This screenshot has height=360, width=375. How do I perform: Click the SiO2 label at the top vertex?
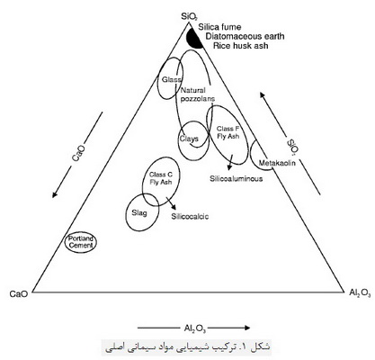(x=190, y=16)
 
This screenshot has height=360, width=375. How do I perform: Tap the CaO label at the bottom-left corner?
(x=19, y=293)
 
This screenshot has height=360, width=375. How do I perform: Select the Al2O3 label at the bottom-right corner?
(x=360, y=293)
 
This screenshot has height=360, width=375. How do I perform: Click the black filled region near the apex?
(x=193, y=39)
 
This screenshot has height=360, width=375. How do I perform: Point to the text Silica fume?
(x=219, y=27)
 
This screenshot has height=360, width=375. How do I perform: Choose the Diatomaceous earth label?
(x=245, y=37)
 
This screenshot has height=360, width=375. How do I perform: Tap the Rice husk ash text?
(x=241, y=46)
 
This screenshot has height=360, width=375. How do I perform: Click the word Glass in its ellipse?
(x=172, y=79)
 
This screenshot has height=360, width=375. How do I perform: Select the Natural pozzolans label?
(x=198, y=94)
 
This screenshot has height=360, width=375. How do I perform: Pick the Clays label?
(x=189, y=139)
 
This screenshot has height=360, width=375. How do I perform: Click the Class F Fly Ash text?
(x=228, y=132)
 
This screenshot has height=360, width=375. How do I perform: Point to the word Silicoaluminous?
(x=237, y=179)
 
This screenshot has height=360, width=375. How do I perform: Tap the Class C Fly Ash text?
(x=161, y=178)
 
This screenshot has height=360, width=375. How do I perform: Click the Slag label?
(x=139, y=213)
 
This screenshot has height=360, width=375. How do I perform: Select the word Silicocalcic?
(x=190, y=216)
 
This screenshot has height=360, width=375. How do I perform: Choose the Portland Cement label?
(x=81, y=242)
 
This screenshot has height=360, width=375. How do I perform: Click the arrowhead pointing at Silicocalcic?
(x=174, y=206)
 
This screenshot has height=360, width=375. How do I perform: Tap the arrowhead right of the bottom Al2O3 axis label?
(x=246, y=328)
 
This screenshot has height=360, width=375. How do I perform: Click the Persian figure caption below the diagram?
(x=188, y=347)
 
